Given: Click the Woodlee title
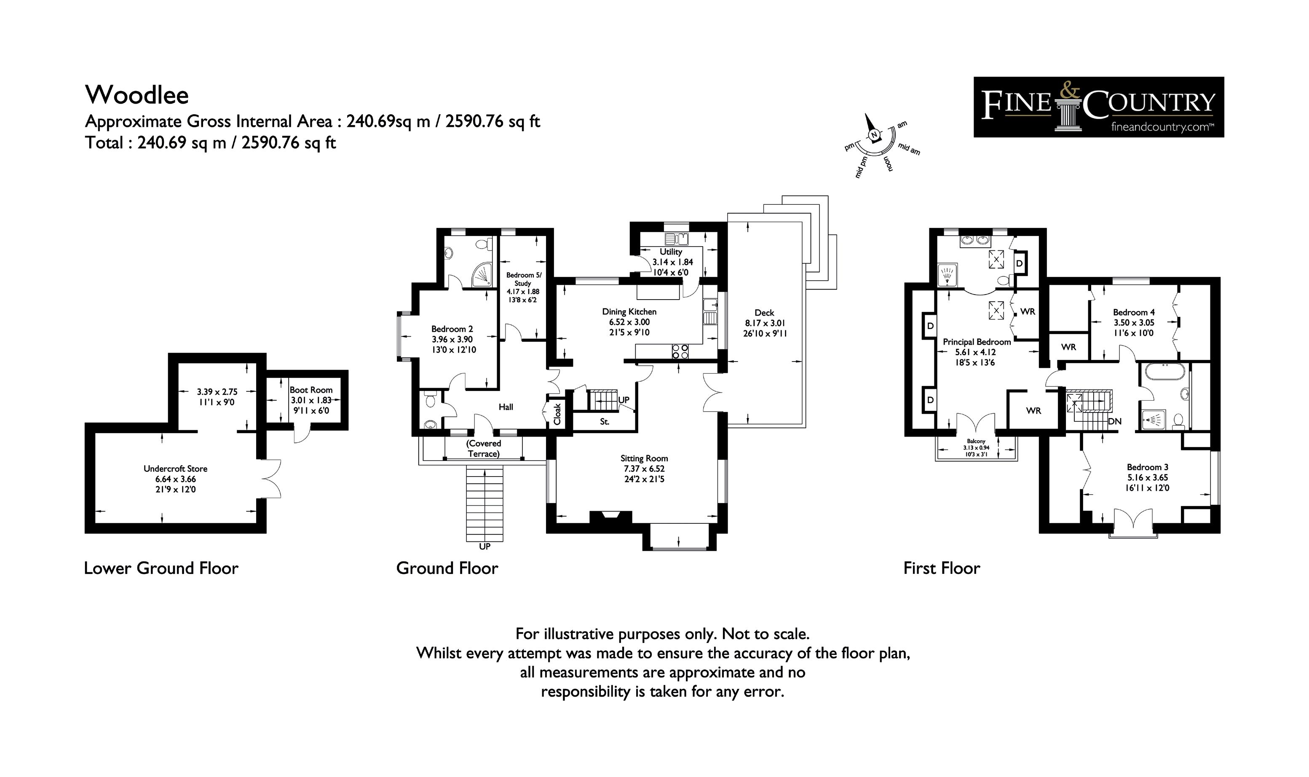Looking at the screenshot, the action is click(x=137, y=95).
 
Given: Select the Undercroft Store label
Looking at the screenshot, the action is click(x=175, y=469).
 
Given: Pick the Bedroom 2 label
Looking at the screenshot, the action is click(x=452, y=329).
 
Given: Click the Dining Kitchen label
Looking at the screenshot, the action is click(x=629, y=311).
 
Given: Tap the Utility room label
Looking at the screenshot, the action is click(x=671, y=252).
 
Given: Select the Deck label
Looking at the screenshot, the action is click(x=764, y=313).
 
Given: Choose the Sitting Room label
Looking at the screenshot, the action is click(x=644, y=458).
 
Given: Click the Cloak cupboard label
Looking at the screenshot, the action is click(x=557, y=414).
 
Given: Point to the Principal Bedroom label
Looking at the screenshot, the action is click(x=977, y=342).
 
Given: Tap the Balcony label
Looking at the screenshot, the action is click(x=976, y=442).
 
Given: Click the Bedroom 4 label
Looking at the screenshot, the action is click(x=1134, y=312).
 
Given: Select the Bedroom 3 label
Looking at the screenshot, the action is click(x=1147, y=467).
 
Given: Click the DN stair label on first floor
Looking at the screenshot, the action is click(x=1114, y=421).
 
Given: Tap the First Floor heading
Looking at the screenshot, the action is click(x=942, y=568).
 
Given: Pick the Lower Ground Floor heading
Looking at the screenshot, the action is click(x=161, y=568).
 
